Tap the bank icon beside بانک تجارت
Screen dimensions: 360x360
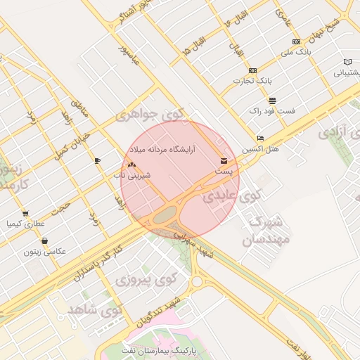click(253, 70)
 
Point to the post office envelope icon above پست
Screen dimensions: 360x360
click(224, 161)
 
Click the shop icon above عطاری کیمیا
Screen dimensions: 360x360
click(25, 214)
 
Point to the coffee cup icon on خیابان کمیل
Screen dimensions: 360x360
click(97, 160)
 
